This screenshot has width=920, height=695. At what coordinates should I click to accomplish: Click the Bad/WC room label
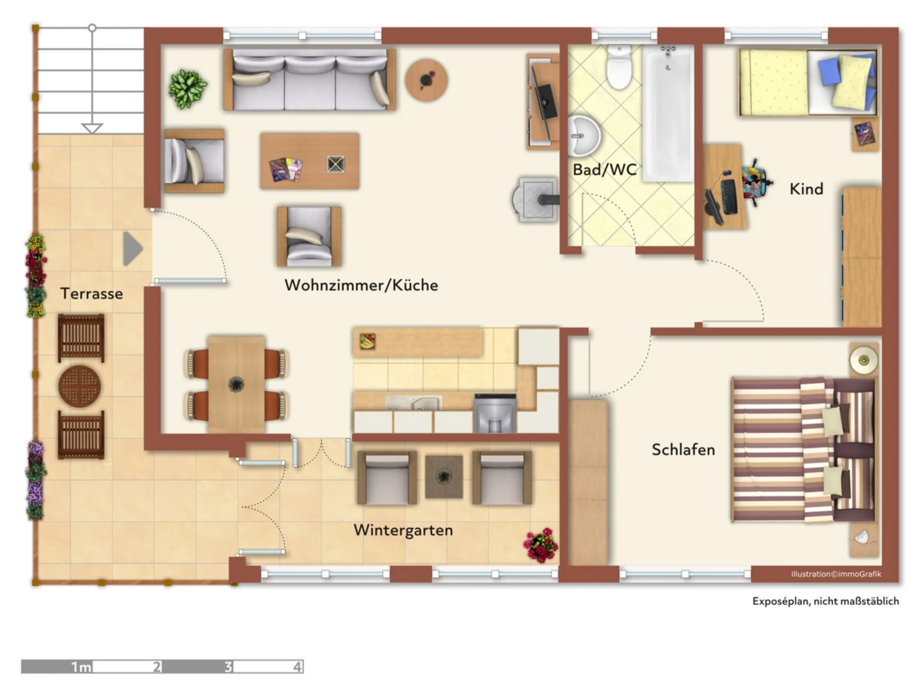[604, 170]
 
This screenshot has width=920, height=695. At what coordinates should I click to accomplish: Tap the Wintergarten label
[403, 530]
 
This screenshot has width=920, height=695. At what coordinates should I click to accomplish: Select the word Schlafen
[683, 449]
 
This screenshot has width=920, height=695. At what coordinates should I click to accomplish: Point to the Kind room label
[806, 189]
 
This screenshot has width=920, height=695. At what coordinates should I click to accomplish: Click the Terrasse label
[92, 293]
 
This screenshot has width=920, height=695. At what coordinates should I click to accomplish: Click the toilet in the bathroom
[619, 67]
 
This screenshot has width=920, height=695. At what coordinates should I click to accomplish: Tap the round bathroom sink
[584, 135]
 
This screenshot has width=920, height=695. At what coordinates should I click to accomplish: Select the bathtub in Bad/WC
[668, 113]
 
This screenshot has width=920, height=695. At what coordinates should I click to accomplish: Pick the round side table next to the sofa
[427, 80]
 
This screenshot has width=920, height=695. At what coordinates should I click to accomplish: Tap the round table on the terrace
[79, 386]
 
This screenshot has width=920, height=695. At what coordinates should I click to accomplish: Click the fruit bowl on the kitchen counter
[367, 341]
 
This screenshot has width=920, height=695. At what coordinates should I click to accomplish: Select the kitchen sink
[414, 403]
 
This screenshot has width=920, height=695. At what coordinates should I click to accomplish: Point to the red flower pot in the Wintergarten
[541, 545]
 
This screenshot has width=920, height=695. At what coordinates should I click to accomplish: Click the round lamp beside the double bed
[863, 359]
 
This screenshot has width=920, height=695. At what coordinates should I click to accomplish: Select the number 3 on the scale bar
[228, 667]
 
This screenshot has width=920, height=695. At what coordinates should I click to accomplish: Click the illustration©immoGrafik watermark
[836, 574]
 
